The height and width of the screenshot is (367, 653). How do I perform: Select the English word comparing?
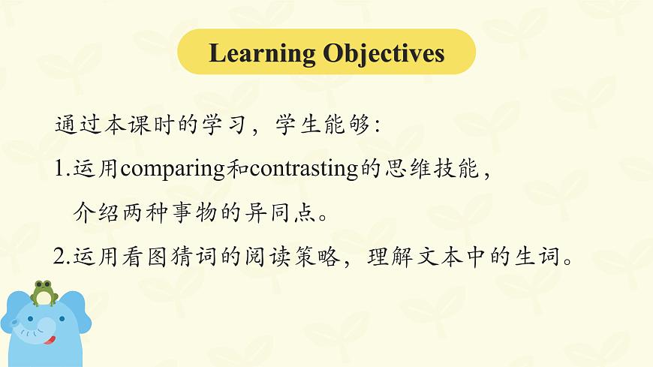coord(172,169)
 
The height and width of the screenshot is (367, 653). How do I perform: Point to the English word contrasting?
coord(303,169)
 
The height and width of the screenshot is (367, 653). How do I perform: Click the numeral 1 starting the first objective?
coord(59,169)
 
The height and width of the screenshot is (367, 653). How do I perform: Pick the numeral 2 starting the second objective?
coord(60,257)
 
